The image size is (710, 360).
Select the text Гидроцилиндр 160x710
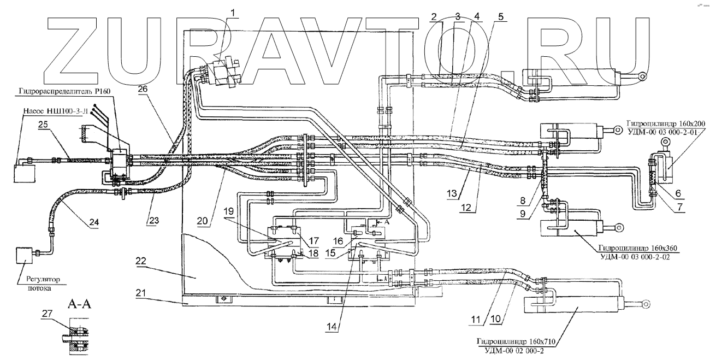516,342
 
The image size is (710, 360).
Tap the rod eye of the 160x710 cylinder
646,303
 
